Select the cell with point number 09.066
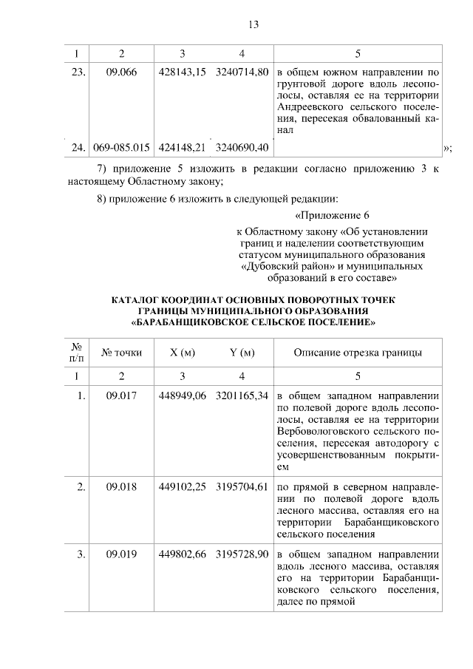122,72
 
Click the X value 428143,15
182,72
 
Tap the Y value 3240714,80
242,72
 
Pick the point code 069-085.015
122,148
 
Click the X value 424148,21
182,148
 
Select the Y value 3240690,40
242,148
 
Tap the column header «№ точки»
122,352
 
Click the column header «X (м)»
182,352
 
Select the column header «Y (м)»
242,352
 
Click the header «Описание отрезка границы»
358,352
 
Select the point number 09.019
122,554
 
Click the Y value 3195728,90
242,554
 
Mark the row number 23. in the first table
80,72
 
